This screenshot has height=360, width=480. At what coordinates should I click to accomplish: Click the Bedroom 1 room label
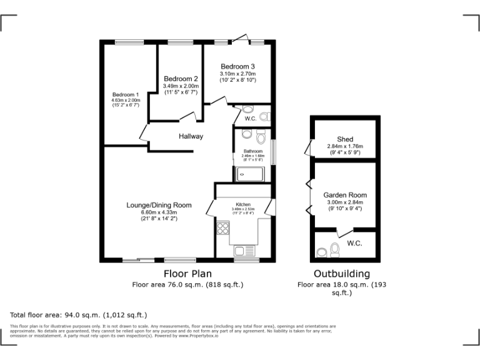click(126, 94)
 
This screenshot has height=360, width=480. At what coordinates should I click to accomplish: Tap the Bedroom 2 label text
click(181, 79)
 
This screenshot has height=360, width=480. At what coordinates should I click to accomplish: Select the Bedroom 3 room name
click(237, 66)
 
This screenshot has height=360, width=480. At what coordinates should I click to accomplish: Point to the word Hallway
click(191, 136)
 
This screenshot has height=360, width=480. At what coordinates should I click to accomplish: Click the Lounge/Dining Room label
click(159, 205)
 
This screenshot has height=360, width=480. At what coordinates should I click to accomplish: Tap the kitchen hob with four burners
click(222, 229)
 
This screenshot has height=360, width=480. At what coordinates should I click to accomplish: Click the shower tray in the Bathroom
click(249, 174)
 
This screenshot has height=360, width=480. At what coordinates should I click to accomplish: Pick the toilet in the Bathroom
click(246, 135)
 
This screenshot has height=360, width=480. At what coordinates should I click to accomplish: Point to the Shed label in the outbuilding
click(345, 139)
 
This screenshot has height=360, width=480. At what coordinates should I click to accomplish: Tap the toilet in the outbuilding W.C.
click(334, 250)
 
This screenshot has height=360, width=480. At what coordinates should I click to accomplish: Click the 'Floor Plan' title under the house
click(187, 274)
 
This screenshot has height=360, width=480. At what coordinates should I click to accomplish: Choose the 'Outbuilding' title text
click(341, 274)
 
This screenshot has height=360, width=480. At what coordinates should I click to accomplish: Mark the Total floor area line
click(78, 315)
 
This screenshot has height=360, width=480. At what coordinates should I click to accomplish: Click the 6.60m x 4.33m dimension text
click(159, 212)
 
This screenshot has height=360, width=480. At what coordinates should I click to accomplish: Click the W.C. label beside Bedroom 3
click(250, 118)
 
